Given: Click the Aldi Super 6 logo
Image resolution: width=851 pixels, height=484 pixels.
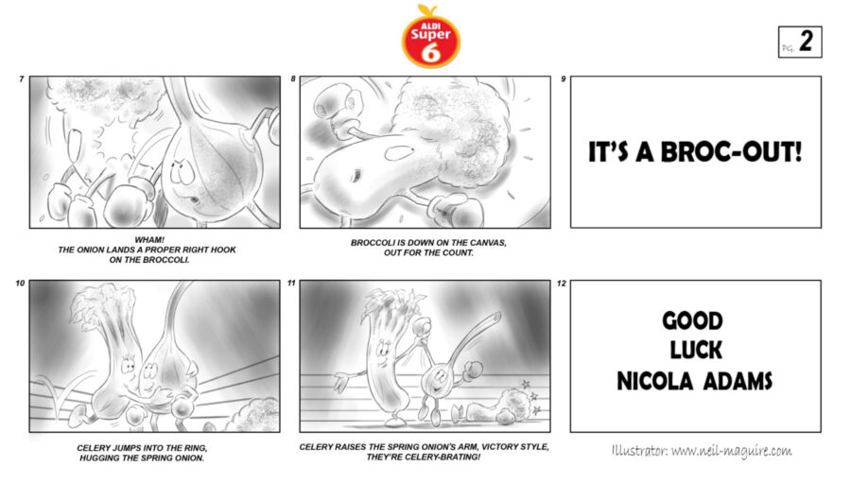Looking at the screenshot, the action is click(431, 37).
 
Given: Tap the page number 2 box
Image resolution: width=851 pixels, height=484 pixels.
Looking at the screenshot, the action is click(800, 42).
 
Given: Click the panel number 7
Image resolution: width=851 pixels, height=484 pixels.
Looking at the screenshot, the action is click(21, 79).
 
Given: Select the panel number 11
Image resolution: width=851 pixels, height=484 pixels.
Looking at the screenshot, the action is click(291, 284).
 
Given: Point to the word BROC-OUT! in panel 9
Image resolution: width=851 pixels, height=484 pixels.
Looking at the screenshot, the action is click(731, 152).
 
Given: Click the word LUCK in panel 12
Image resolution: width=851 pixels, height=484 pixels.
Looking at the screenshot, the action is click(696, 350).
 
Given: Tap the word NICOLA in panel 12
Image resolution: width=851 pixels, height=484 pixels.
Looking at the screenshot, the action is click(655, 382).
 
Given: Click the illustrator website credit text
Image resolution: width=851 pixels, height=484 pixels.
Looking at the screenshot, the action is click(702, 451).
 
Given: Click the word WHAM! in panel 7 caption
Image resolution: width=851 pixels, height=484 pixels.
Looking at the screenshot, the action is click(149, 240).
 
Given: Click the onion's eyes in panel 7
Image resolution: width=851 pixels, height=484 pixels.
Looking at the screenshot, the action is click(181, 171).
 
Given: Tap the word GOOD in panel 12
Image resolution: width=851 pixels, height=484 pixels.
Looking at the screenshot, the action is click(692, 320).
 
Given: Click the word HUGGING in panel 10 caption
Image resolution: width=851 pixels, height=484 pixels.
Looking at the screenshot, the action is click(101, 458).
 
